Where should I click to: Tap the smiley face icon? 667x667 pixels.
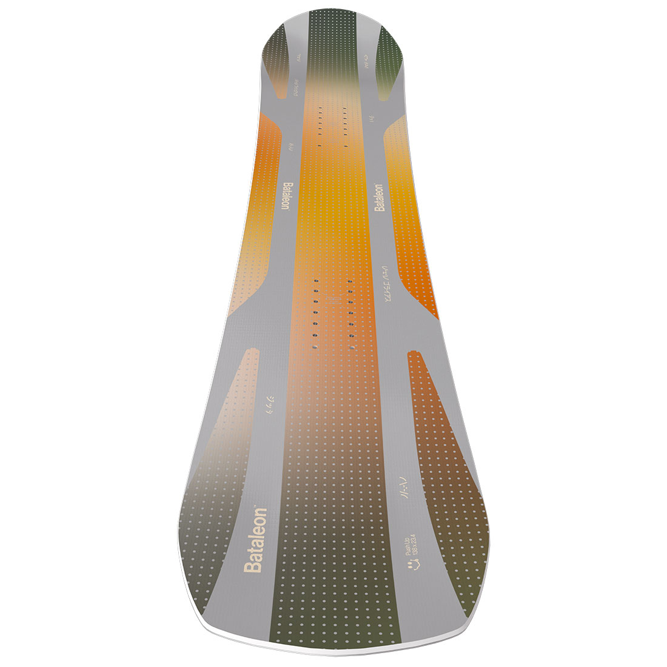pyautogui.click(x=413, y=566)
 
